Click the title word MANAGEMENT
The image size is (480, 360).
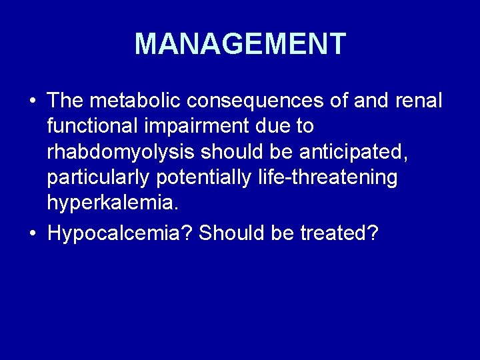click(240, 43)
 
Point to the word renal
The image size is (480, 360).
click(418, 101)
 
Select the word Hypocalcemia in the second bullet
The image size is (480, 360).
click(121, 233)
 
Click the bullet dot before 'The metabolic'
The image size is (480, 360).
click(33, 101)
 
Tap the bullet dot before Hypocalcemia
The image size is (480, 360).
click(33, 233)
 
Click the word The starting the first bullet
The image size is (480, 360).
click(65, 101)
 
